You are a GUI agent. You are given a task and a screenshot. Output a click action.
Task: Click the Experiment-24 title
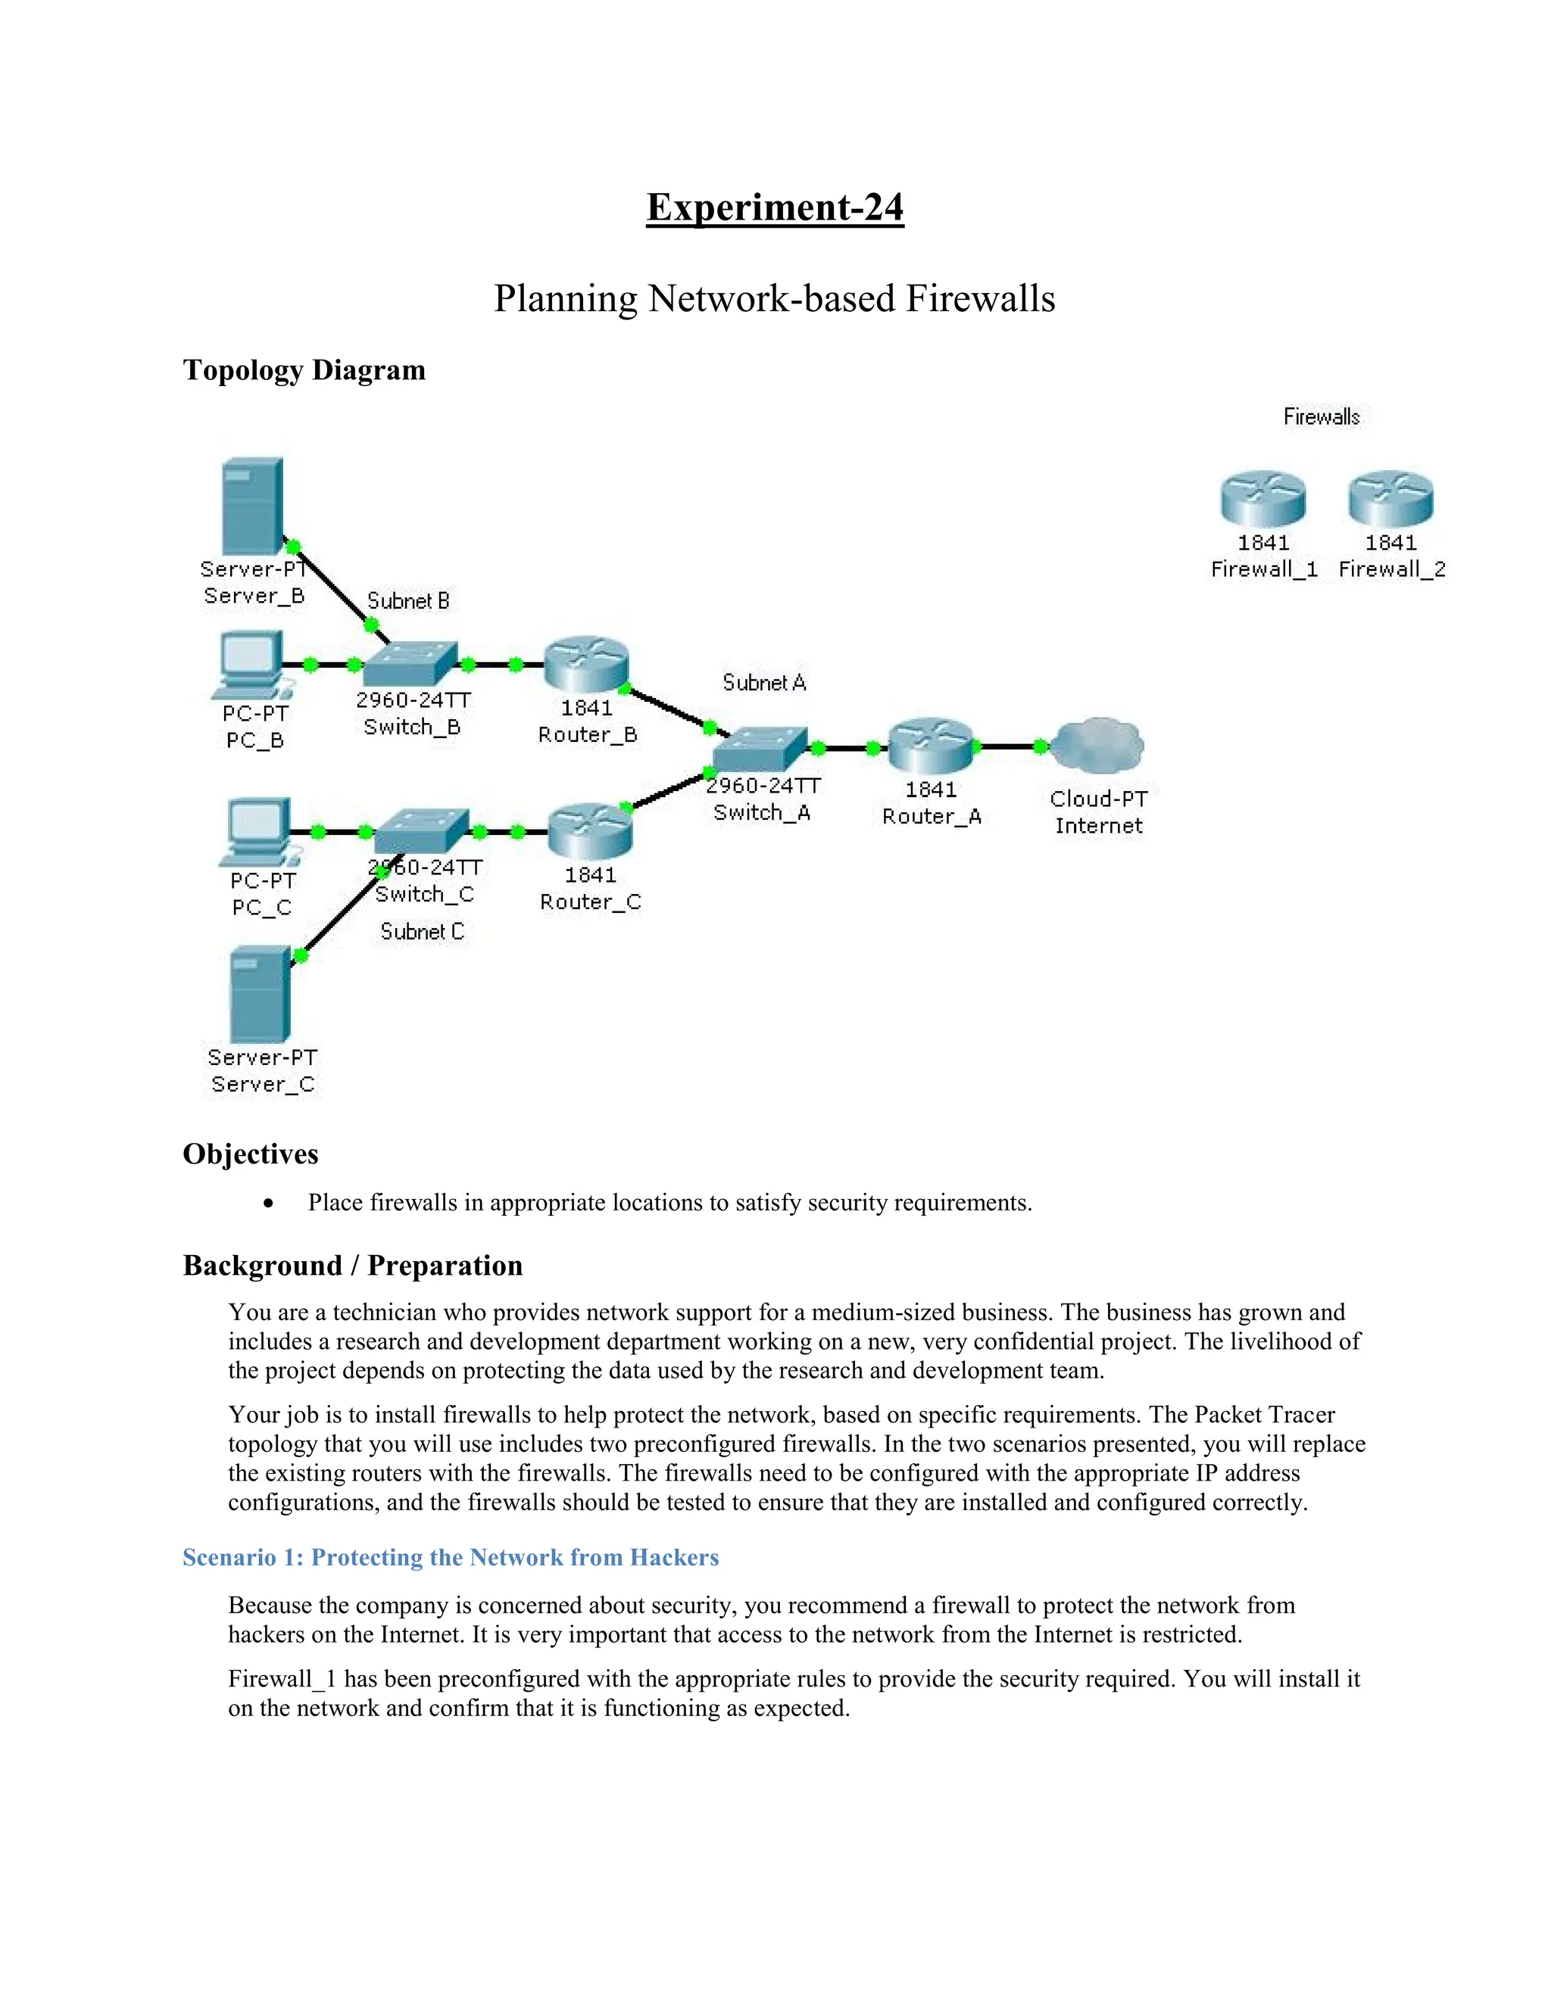[775, 207]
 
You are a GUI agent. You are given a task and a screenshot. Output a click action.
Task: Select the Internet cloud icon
[1097, 746]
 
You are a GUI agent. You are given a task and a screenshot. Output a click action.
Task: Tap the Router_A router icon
[931, 746]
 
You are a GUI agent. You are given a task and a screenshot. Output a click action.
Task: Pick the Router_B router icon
[586, 664]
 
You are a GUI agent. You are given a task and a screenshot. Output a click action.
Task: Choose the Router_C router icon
[590, 831]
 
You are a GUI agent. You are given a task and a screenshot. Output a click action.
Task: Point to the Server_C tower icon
[260, 995]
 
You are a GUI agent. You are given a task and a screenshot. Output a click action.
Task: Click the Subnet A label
[763, 683]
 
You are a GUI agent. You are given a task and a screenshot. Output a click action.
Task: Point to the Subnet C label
[422, 931]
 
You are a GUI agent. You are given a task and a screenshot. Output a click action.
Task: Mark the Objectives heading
[250, 1154]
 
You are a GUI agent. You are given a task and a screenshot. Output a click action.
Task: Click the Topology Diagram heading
[304, 370]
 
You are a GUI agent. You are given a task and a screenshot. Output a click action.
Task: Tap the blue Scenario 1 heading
[451, 1558]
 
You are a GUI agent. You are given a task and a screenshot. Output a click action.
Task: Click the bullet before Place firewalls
[268, 1204]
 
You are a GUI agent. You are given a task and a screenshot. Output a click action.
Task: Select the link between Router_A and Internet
[1008, 746]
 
